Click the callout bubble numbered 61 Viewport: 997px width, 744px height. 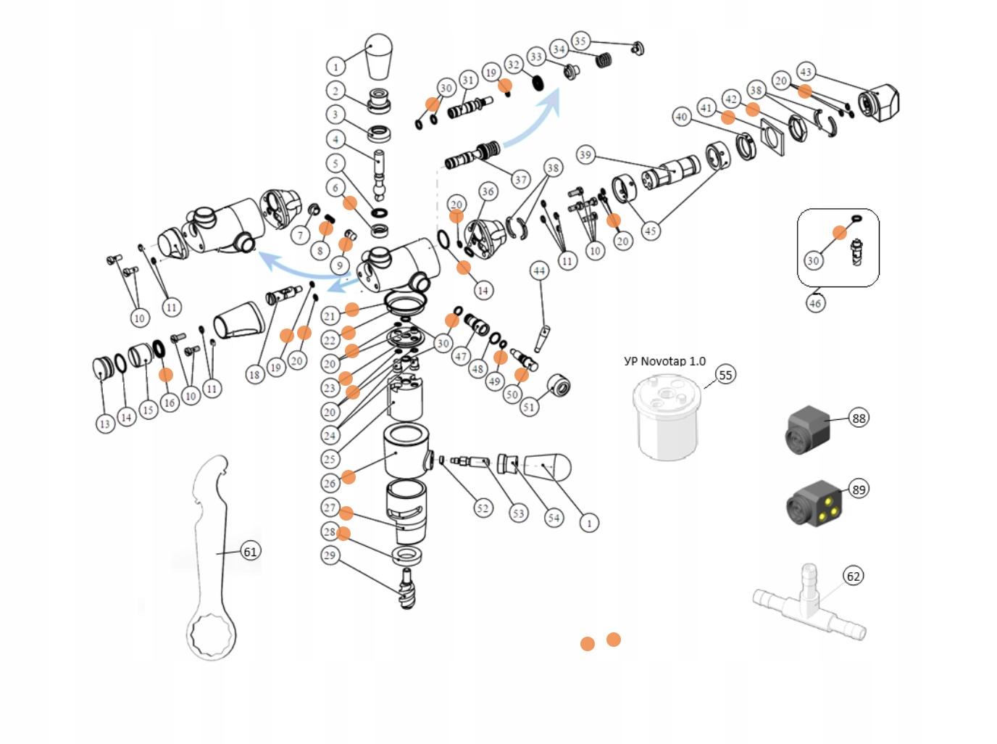point(250,552)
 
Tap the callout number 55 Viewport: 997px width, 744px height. point(725,375)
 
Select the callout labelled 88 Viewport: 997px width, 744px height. point(859,418)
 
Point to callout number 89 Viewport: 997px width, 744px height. point(859,489)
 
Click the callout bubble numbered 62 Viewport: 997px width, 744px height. point(854,576)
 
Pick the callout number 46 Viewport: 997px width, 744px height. point(815,303)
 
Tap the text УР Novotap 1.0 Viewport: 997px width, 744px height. point(664,361)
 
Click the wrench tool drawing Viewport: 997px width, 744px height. point(212,558)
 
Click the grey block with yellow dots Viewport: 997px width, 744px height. point(814,504)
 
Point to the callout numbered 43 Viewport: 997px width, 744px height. point(806,72)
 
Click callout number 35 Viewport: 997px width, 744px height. point(580,41)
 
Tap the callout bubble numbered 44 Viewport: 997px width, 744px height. point(539,271)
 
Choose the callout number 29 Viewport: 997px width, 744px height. point(330,555)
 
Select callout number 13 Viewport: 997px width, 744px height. point(105,423)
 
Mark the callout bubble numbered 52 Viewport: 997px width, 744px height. point(483,508)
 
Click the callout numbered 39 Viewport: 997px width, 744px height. point(585,155)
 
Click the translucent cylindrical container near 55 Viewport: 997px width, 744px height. point(667,417)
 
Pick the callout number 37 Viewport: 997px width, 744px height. point(520,180)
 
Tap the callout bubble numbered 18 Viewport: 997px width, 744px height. point(254,374)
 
